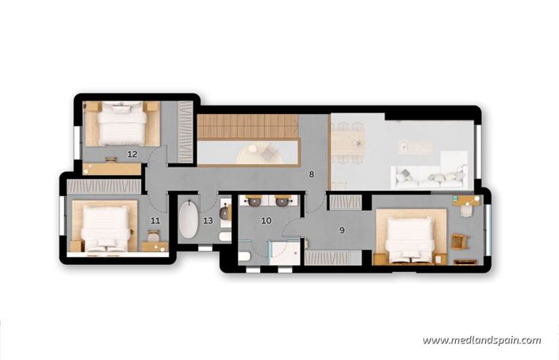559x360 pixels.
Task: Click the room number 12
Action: [x=132, y=154]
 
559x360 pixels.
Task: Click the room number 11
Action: [x=155, y=221]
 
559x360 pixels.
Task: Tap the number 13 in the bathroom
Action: [x=208, y=221]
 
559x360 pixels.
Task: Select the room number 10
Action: [x=266, y=221]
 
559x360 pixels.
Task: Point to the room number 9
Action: [x=342, y=231]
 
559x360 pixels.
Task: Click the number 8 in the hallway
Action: [x=312, y=174]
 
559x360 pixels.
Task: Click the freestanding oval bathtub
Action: [x=189, y=221]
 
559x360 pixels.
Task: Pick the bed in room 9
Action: [x=409, y=236]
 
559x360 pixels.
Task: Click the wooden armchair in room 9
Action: [x=458, y=240]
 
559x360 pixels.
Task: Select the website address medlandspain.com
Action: [x=481, y=340]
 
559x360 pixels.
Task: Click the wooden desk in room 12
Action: [x=111, y=168]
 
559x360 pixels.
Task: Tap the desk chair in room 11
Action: [x=153, y=236]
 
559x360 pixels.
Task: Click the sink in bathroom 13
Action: [x=225, y=213]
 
